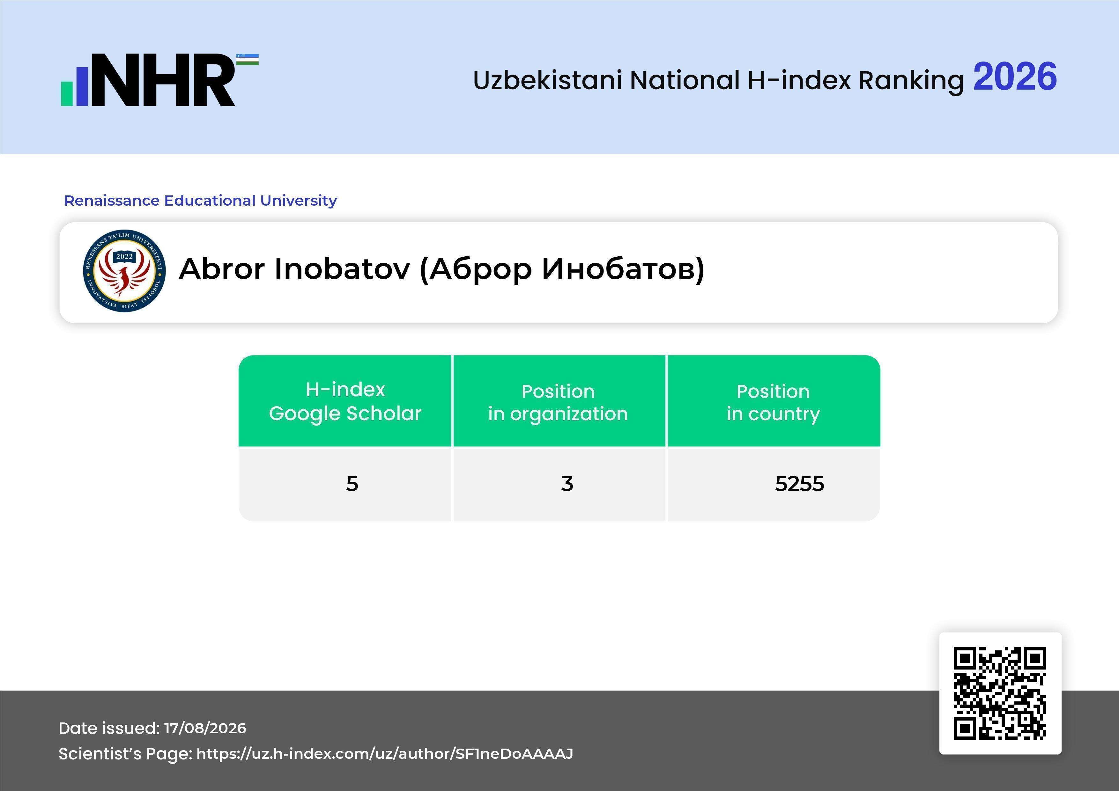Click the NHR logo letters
(x=163, y=80)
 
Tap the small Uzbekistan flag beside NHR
(x=248, y=59)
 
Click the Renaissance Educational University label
(x=200, y=200)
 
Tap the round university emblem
(x=124, y=271)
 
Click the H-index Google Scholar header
(x=345, y=401)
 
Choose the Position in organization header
(x=558, y=402)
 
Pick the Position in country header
(x=773, y=403)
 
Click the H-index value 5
(x=352, y=484)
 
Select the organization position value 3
(x=567, y=484)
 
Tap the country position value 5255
(x=799, y=484)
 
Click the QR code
(x=1000, y=693)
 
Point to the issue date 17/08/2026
(x=205, y=728)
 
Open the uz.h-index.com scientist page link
(x=384, y=753)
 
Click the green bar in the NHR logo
(x=67, y=93)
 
